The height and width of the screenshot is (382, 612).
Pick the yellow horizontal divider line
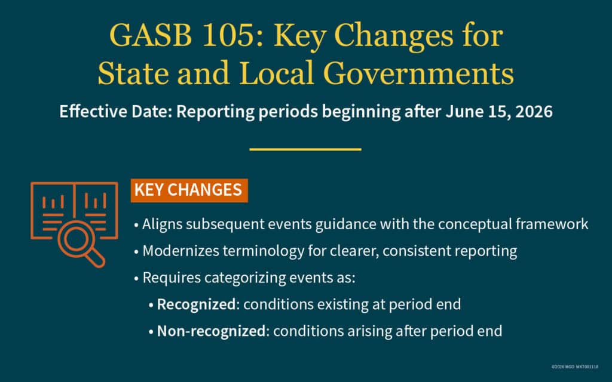(x=305, y=149)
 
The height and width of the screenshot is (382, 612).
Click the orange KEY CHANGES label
(x=188, y=190)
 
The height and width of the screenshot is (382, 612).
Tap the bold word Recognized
(x=196, y=304)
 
